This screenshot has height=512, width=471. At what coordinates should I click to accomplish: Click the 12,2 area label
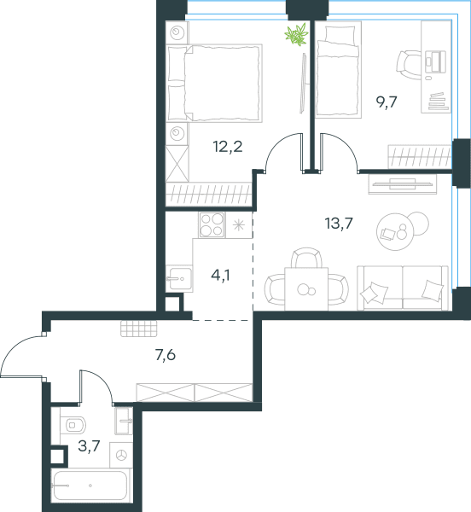pos(228,147)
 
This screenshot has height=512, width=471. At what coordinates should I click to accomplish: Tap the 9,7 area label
pos(387,102)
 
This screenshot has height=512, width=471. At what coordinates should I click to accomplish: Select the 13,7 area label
pos(339,224)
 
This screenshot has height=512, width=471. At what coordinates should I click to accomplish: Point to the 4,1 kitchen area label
pos(220,276)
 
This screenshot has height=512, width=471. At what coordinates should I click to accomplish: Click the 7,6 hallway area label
pos(166,355)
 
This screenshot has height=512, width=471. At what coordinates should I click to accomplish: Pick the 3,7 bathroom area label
pos(89,445)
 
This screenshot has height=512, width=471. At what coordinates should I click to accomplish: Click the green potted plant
pos(296,34)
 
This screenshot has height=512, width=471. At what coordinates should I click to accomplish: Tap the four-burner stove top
pos(212,225)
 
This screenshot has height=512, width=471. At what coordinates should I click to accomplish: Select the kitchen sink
pos(179,278)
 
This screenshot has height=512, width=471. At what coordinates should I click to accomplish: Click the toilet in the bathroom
pos(73,425)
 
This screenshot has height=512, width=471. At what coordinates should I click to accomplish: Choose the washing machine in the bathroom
pos(121,455)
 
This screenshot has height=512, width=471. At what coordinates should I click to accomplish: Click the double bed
pos(214,84)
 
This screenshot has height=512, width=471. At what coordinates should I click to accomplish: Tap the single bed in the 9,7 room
pos(339,70)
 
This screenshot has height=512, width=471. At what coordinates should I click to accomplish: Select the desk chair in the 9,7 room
pos(409,65)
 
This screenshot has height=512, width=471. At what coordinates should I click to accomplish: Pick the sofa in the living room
pos(403,288)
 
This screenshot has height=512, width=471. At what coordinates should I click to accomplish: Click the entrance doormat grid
pos(139,329)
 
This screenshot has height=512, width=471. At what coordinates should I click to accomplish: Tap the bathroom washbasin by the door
pos(124,421)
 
